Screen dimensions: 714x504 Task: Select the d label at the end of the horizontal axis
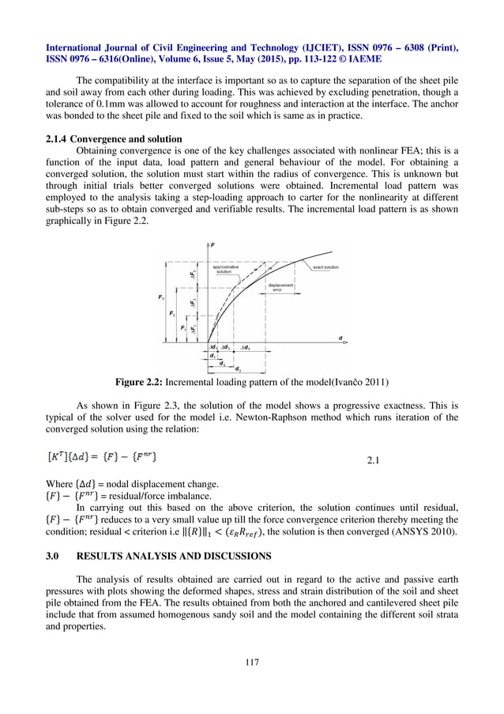coord(340,338)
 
